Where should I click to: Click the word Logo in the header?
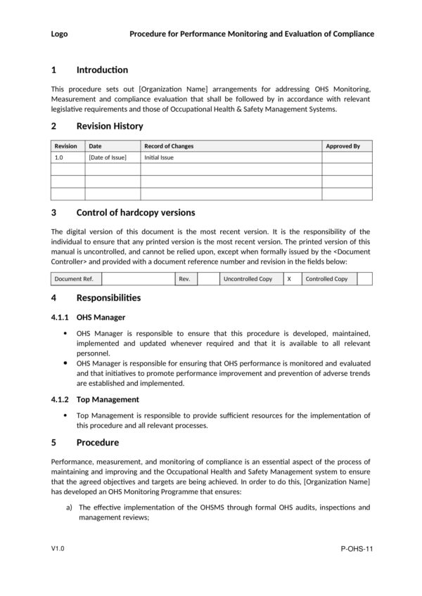pos(60,34)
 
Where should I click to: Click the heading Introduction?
pos(102,70)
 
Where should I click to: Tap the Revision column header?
pos(66,146)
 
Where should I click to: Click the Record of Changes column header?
pos(169,146)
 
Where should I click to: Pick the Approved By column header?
pos(343,146)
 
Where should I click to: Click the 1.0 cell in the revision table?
pos(59,157)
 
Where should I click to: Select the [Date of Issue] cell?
pos(108,157)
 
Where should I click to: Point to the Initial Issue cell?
pos(159,157)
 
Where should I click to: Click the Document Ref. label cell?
pos(74,279)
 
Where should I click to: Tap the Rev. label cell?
pos(185,279)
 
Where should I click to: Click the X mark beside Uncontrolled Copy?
pos(288,279)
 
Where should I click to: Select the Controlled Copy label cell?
pos(326,279)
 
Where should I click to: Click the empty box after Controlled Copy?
pos(364,279)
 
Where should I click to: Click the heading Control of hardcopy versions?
pos(136,212)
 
